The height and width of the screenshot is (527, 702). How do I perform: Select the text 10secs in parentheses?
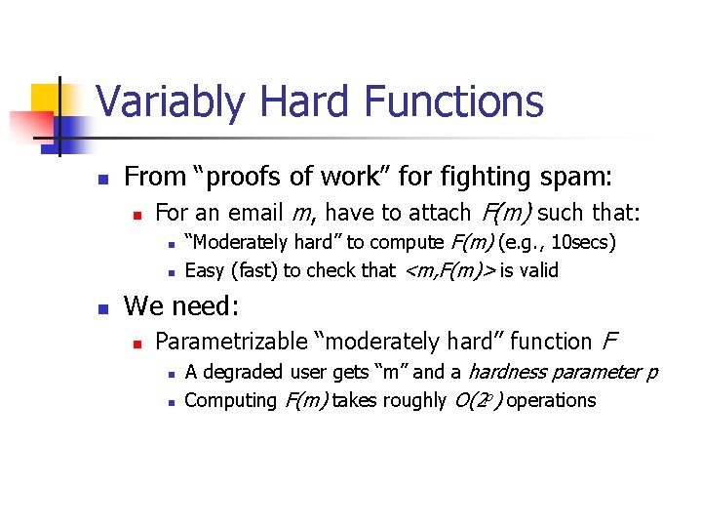pos(581,242)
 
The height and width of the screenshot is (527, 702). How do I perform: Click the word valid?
pos(538,270)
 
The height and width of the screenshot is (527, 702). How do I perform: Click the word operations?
pos(552,400)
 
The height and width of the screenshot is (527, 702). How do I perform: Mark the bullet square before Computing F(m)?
pos(171,401)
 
